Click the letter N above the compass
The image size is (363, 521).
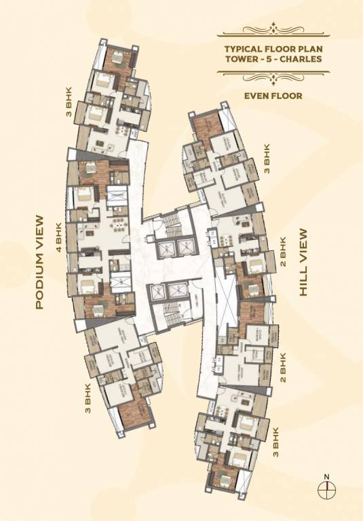(x=326, y=475)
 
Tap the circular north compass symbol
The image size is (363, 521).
(x=326, y=486)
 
